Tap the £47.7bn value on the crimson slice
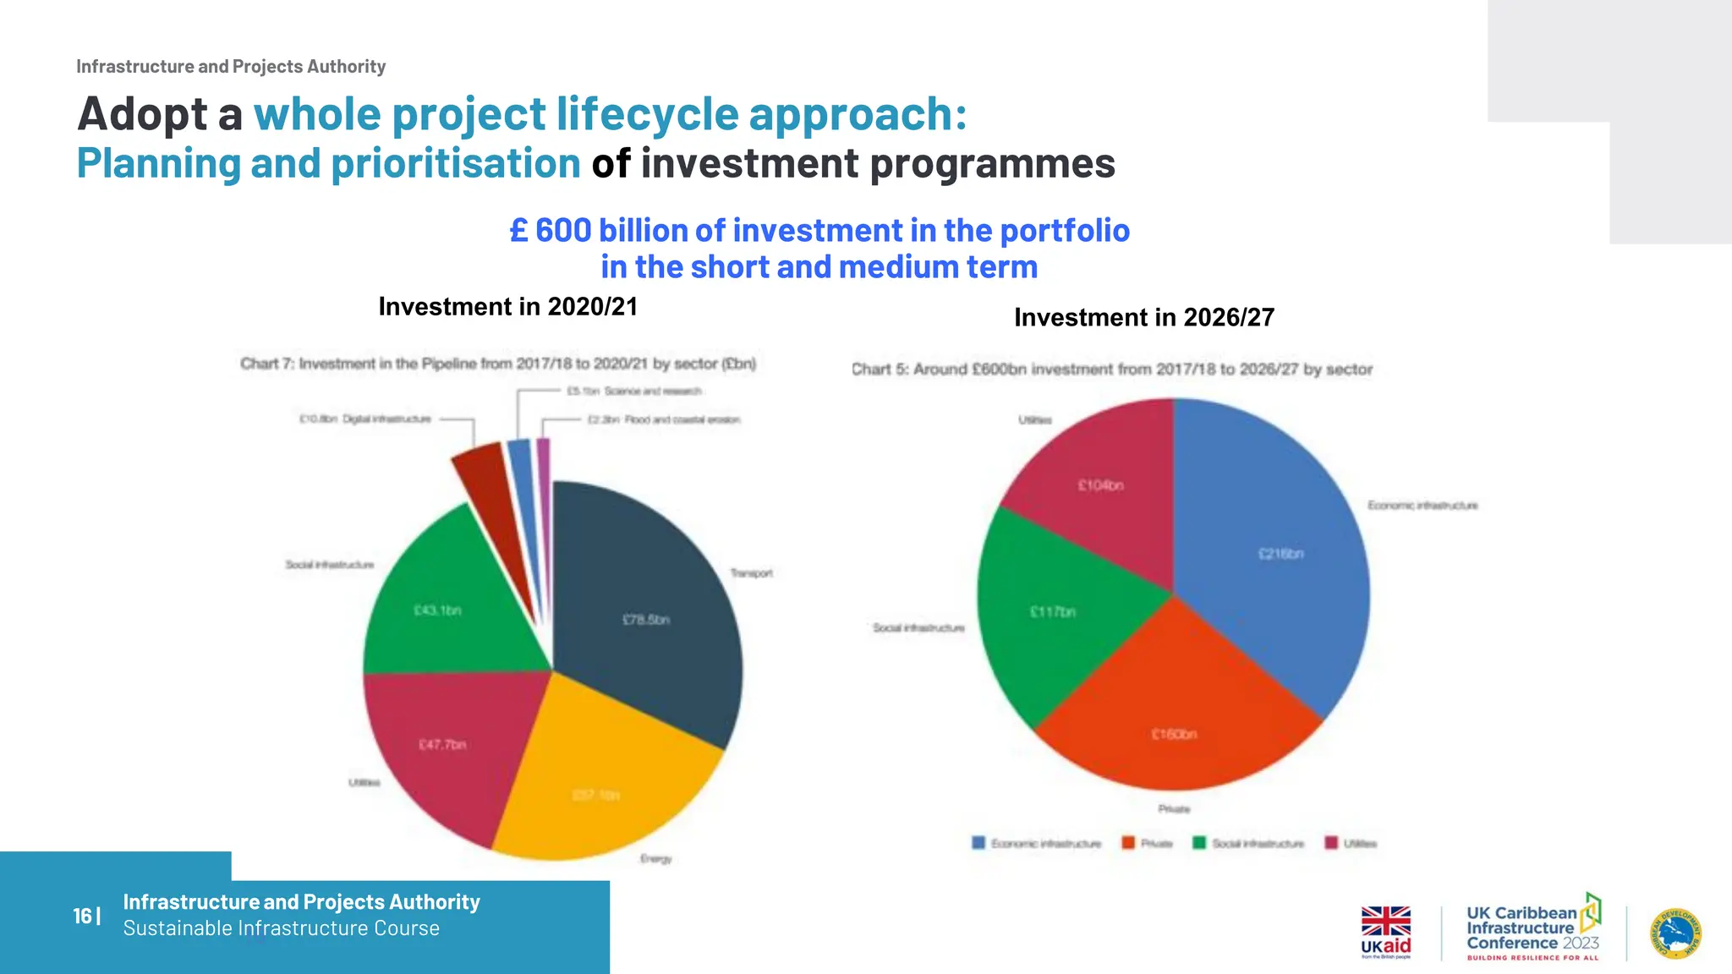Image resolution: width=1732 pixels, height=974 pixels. [442, 745]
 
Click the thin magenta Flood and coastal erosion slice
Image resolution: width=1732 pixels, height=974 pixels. [544, 473]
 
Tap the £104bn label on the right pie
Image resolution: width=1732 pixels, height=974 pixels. [1100, 485]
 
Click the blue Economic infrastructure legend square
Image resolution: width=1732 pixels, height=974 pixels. [978, 843]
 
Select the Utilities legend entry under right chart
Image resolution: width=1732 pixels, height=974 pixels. [1351, 843]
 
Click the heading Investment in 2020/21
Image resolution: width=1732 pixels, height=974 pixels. [507, 306]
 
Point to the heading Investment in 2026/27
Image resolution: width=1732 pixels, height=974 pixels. [1143, 317]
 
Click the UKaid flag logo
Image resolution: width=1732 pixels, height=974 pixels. [1385, 930]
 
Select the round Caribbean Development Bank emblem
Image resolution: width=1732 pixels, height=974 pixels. [1675, 933]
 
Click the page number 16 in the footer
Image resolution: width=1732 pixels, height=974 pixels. [82, 916]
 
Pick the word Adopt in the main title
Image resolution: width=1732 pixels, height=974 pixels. [142, 114]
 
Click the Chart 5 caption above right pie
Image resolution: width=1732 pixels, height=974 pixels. [1111, 369]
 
